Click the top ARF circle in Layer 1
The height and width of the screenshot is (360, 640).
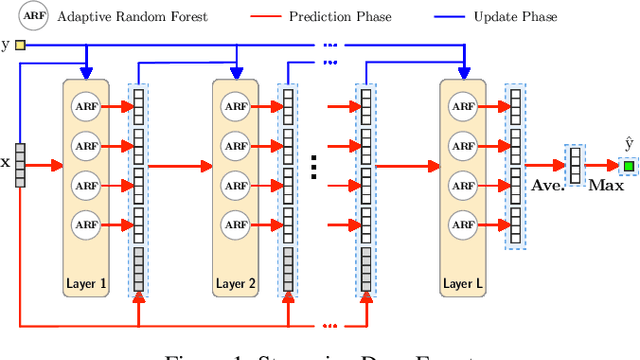[x=85, y=106]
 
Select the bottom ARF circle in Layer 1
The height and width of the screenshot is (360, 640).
[x=85, y=223]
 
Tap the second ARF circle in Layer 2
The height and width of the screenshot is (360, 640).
[x=237, y=146]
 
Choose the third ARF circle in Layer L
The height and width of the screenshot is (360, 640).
[x=465, y=185]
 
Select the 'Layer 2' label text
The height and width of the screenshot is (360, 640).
[x=237, y=284]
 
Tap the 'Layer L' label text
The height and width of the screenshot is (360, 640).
[x=465, y=284]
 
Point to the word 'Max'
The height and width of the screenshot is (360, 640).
[x=605, y=185]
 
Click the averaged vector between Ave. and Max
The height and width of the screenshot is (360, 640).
[x=575, y=164]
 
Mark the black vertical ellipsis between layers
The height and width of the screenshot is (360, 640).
[x=313, y=165]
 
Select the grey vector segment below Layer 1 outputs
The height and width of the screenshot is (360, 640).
[x=137, y=267]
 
